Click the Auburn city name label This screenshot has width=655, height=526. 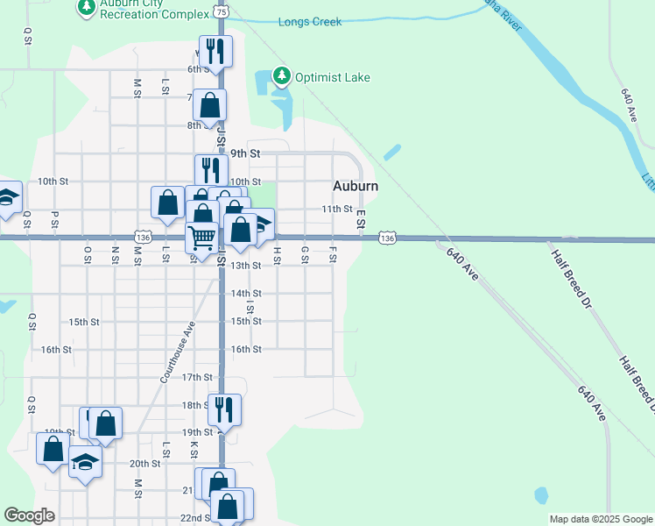tap(356, 186)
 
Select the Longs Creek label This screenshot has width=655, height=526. tap(309, 22)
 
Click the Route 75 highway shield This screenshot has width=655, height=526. tap(221, 12)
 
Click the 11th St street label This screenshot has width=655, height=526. tap(335, 210)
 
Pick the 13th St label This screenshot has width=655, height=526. tap(246, 266)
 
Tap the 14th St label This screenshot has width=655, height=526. tap(246, 294)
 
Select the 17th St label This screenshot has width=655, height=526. tap(197, 377)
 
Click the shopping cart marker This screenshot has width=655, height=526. tap(202, 237)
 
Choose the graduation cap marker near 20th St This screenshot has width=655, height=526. tap(85, 460)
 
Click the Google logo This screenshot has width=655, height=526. tap(29, 515)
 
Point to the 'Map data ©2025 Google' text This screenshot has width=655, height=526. tap(601, 519)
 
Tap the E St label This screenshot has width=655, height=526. tap(360, 222)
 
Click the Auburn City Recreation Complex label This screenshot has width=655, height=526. tap(154, 9)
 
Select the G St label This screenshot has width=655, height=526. tap(305, 253)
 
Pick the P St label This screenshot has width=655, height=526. tap(54, 217)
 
